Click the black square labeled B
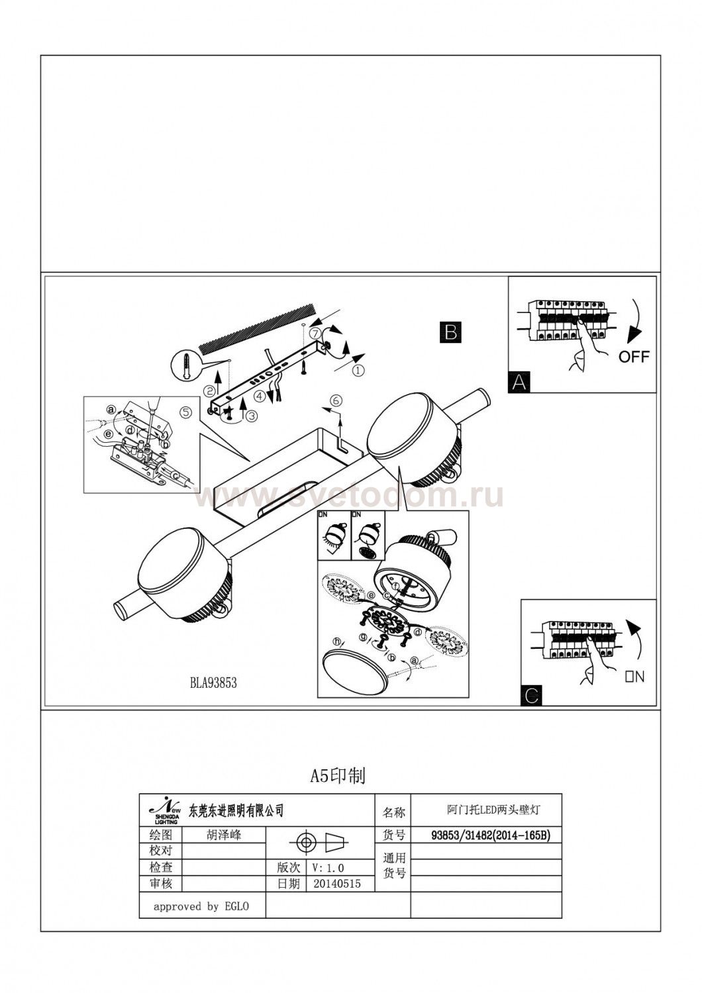coord(451,332)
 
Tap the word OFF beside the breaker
coord(634,357)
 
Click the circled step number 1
coord(358,371)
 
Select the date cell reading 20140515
coord(338,883)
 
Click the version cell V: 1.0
coord(327,867)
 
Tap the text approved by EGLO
coord(201,906)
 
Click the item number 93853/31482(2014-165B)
coord(486,835)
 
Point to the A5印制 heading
coord(338,776)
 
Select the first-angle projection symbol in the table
coord(321,842)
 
